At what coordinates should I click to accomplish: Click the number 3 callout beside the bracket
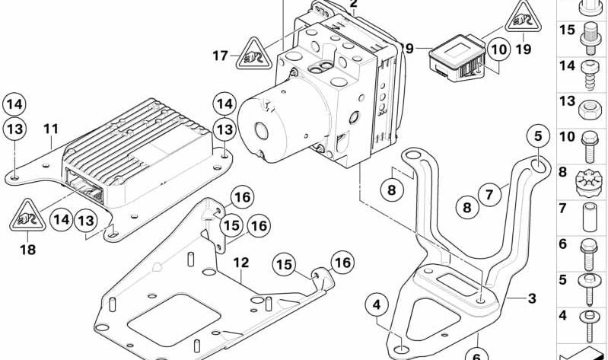tap(532, 298)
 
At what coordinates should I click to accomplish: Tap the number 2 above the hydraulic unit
tap(353, 5)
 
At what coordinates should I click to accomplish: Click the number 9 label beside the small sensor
tap(409, 49)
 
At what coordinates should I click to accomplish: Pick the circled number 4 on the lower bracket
tap(374, 306)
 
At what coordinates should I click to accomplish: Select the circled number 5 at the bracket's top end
tap(538, 137)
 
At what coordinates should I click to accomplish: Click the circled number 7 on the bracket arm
tap(488, 195)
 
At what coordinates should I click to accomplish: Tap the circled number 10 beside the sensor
tap(498, 51)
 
